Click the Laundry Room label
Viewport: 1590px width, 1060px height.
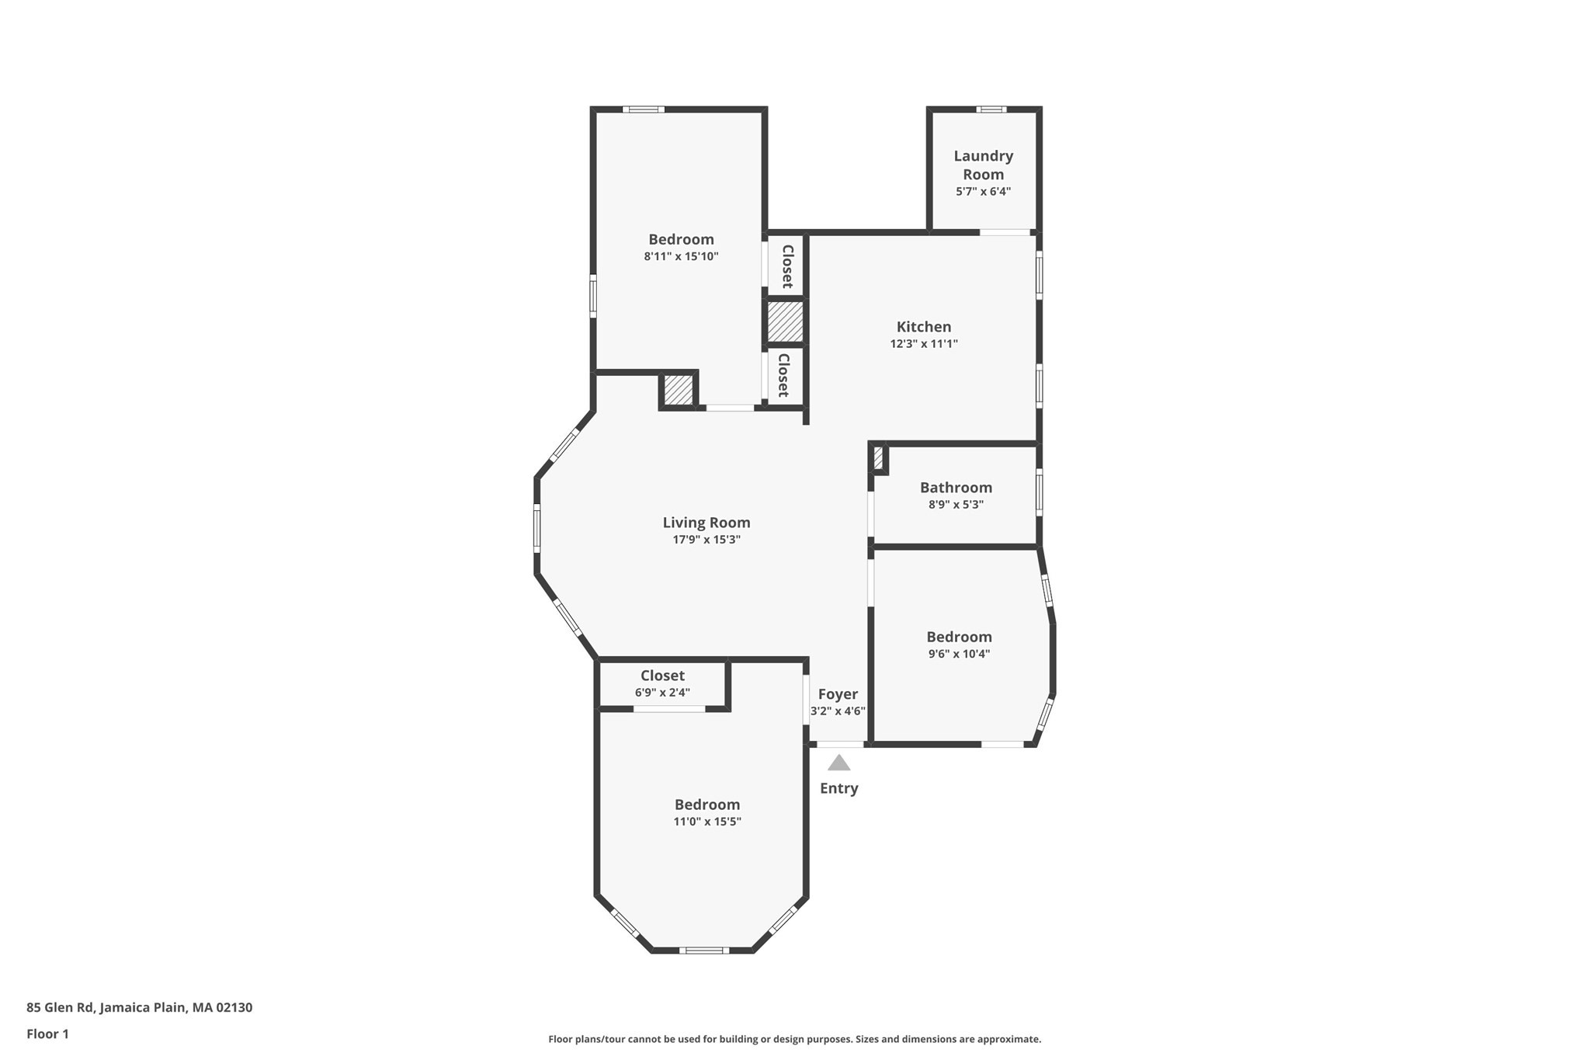pos(983,165)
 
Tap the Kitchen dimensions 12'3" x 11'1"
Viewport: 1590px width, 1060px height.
pos(924,344)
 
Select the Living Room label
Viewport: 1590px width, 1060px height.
pos(706,523)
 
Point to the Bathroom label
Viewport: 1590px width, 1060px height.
pos(956,488)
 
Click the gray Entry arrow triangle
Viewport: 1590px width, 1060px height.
pos(838,763)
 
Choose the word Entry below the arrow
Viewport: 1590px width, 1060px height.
pos(838,788)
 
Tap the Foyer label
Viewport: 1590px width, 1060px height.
pos(838,694)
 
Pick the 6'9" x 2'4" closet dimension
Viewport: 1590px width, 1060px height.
pos(662,693)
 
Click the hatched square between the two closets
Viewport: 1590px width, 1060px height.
pos(785,321)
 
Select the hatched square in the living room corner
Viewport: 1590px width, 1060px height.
pos(679,390)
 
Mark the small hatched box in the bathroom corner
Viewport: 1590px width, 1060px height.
pos(878,458)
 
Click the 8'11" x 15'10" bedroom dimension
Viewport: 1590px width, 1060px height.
pos(681,256)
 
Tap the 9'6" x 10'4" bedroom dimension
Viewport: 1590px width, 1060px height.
pos(959,654)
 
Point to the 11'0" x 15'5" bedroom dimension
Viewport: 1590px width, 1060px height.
pos(707,822)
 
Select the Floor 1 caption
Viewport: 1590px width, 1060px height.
pos(47,1034)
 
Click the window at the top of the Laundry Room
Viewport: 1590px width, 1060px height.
pos(991,109)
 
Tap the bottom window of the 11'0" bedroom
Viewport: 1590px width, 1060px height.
pos(704,950)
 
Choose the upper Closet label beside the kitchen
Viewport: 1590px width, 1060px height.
pos(786,266)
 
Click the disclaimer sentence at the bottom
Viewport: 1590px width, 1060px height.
pos(794,1039)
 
